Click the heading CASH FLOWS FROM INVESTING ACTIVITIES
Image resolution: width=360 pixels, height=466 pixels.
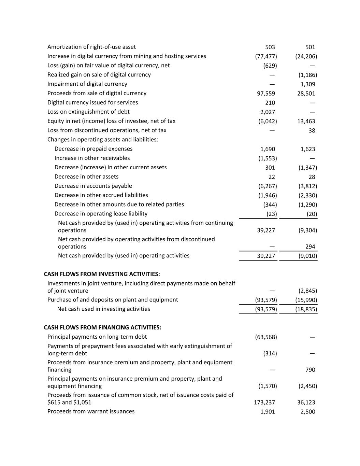[x=102, y=274]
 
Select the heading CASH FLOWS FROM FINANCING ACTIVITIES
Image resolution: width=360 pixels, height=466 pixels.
[x=102, y=327]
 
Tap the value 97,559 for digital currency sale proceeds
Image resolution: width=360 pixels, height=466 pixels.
[x=266, y=94]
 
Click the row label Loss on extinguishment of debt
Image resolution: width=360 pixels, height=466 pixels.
[x=88, y=112]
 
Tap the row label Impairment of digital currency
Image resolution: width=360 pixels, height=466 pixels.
[x=87, y=84]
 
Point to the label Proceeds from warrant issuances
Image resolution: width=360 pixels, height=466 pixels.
[x=91, y=411]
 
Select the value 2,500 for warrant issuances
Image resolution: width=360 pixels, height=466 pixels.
[x=308, y=412]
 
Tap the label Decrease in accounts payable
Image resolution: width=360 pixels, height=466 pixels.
[x=93, y=186]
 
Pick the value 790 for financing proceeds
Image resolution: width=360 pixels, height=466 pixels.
[x=310, y=370]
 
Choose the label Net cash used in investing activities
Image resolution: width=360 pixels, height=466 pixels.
[x=103, y=309]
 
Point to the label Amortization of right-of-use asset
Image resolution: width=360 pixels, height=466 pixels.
[x=91, y=47]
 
